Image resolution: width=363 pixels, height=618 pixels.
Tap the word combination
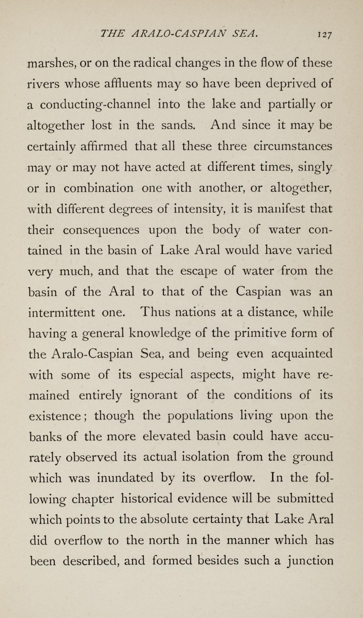pos(98,188)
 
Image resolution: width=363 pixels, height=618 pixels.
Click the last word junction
pos(310,561)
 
